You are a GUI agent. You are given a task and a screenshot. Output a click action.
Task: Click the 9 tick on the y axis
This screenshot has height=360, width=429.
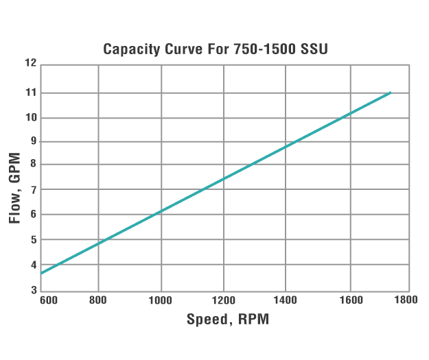point(32,141)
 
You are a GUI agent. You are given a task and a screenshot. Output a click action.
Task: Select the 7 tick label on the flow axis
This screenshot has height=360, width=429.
point(32,189)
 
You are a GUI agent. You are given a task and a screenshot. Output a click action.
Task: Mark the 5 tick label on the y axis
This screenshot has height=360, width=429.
point(32,240)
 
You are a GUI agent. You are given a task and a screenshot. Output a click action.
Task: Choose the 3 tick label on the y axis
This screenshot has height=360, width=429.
point(32,290)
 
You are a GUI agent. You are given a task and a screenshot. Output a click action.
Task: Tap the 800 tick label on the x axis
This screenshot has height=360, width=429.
point(100,299)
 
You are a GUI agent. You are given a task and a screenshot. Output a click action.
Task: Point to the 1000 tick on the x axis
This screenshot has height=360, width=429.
point(161,299)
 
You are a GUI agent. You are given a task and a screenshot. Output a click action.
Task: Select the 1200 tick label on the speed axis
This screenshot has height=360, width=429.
point(224,299)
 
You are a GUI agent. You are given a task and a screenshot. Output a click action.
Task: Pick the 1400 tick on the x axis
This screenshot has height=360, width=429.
point(286,299)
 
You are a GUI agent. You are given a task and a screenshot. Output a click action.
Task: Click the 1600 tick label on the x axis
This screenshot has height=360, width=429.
point(350,299)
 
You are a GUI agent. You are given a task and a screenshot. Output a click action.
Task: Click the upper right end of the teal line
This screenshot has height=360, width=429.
point(390,93)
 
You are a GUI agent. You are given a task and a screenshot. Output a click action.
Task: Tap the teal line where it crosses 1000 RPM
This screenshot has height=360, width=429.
point(161,211)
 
